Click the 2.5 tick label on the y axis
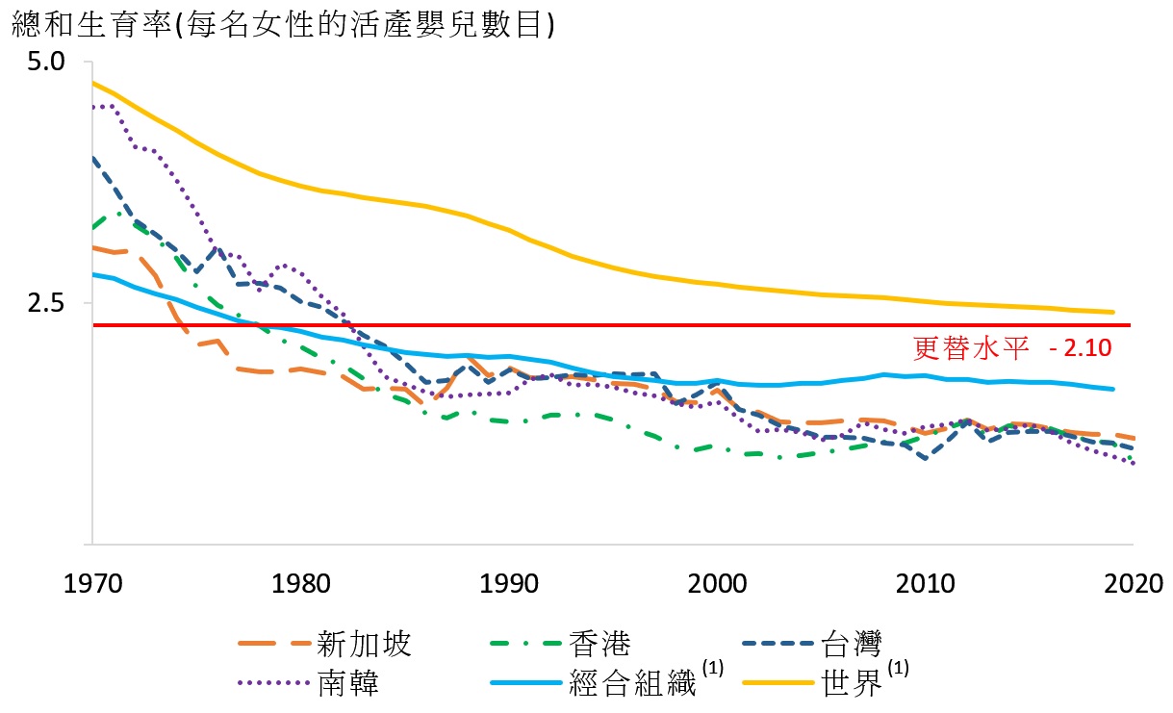click(45, 303)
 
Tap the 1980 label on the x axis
click(299, 584)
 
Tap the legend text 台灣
click(851, 643)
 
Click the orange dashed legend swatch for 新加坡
click(274, 643)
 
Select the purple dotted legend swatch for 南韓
click(274, 683)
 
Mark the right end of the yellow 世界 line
click(1113, 312)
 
